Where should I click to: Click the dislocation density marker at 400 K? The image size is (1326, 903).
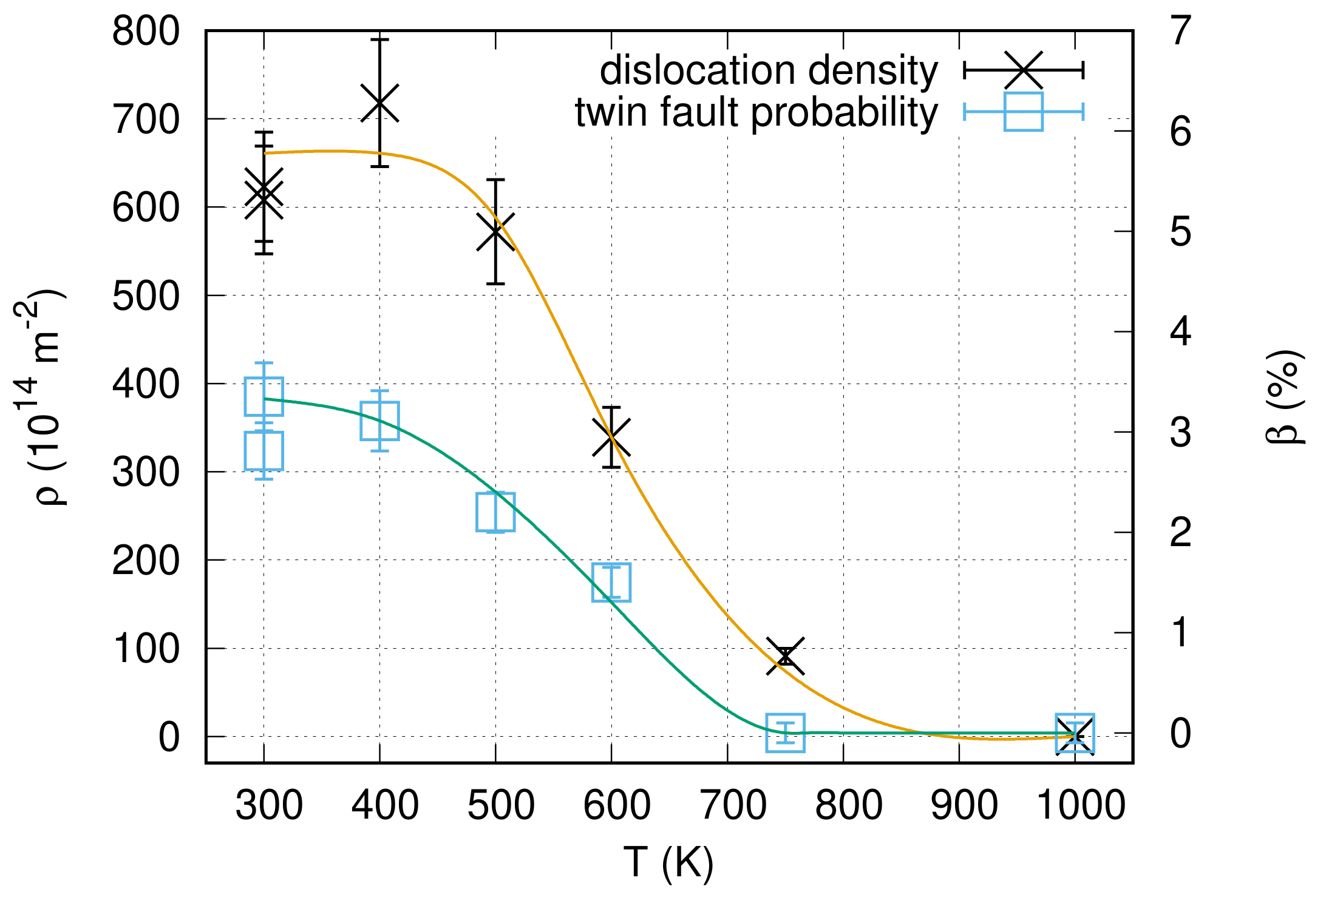[x=379, y=103]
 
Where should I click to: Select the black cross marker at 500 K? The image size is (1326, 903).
[x=495, y=232]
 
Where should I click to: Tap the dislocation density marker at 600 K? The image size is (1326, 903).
[x=611, y=437]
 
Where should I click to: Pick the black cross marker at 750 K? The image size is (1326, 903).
[x=786, y=656]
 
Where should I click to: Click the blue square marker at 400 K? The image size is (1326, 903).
[x=379, y=421]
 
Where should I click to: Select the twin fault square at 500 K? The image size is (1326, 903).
[x=495, y=512]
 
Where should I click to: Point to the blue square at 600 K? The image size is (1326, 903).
[x=611, y=583]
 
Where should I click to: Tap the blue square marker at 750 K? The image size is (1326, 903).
[x=786, y=733]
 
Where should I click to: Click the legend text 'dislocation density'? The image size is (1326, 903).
[x=769, y=71]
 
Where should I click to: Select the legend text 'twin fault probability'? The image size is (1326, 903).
[x=756, y=113]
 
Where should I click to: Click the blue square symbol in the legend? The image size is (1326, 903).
[x=1024, y=112]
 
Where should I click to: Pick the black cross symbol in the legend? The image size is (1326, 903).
[x=1024, y=70]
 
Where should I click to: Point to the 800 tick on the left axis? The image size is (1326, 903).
[x=146, y=32]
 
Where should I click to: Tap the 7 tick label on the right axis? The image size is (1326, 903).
[x=1181, y=32]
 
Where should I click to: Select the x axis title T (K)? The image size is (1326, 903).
[x=668, y=862]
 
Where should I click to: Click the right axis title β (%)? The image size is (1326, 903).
[x=1286, y=397]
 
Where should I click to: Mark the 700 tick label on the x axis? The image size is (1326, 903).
[x=733, y=806]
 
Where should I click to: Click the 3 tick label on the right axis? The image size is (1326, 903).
[x=1181, y=433]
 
